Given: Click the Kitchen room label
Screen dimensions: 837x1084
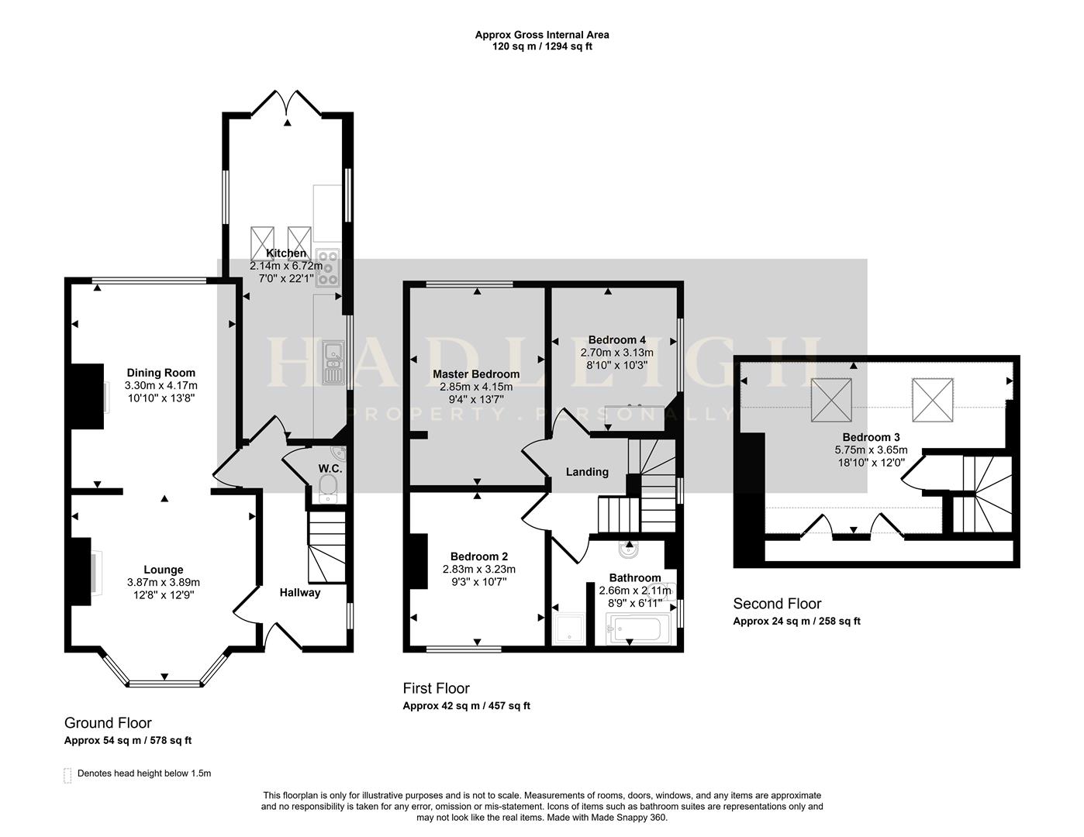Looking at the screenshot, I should pyautogui.click(x=286, y=253).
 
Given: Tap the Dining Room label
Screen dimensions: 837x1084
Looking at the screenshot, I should pyautogui.click(x=161, y=373).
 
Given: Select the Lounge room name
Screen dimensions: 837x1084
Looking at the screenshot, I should pyautogui.click(x=163, y=570).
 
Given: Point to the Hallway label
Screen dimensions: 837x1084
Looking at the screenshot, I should pyautogui.click(x=300, y=593).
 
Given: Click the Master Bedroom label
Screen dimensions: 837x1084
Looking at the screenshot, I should pyautogui.click(x=475, y=374).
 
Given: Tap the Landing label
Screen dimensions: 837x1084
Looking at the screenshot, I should pyautogui.click(x=587, y=472).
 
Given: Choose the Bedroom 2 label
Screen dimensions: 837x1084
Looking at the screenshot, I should pyautogui.click(x=478, y=556).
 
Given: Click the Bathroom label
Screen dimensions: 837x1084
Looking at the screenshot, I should pyautogui.click(x=634, y=577).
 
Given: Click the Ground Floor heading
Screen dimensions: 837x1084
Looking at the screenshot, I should pyautogui.click(x=108, y=723).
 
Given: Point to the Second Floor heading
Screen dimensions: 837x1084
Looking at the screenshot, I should pyautogui.click(x=777, y=604).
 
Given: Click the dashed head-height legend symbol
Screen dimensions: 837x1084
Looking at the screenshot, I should pyautogui.click(x=67, y=774).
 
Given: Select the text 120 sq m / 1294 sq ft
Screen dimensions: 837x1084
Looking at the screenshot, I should pyautogui.click(x=542, y=46).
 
